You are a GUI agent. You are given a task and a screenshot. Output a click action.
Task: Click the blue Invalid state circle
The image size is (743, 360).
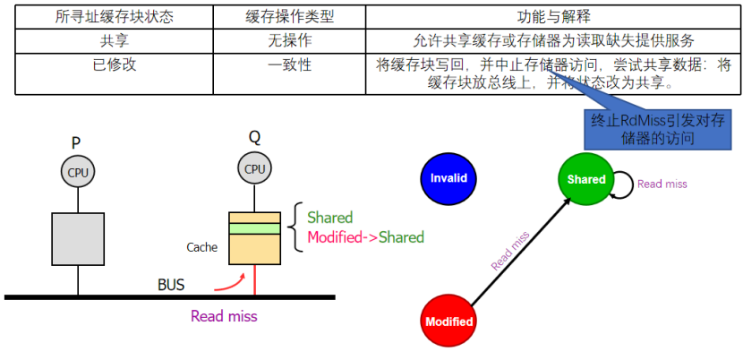448,178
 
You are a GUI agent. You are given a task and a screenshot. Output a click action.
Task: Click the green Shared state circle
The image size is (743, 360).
585,179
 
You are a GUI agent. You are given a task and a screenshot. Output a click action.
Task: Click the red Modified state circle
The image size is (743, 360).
448,321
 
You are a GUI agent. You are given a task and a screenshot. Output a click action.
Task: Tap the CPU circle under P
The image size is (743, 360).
78,171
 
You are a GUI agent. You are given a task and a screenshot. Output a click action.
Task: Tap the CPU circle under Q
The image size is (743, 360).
255,168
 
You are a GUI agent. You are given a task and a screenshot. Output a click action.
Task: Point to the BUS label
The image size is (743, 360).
171,285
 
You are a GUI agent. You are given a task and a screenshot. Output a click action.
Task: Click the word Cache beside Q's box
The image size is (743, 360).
201,247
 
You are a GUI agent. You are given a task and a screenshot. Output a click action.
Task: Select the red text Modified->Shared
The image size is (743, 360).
365,237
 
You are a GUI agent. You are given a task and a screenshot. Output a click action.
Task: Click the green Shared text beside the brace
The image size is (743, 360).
329,218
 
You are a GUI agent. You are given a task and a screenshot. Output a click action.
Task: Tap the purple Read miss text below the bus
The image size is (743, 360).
224,315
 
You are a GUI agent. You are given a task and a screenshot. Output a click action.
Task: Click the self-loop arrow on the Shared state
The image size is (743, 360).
624,184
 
